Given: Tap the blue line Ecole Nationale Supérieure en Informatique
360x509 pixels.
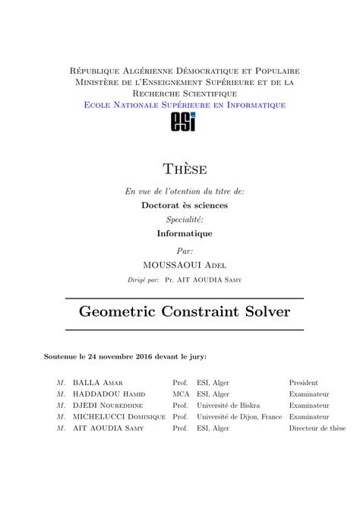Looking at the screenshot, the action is [x=185, y=104].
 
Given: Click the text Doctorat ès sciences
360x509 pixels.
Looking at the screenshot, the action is [x=185, y=205].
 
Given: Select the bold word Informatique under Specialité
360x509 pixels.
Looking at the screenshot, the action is [x=185, y=234].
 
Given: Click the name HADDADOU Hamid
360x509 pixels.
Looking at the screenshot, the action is [x=108, y=394].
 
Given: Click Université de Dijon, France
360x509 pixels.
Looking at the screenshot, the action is [x=239, y=417].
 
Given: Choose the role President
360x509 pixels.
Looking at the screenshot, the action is [x=303, y=383].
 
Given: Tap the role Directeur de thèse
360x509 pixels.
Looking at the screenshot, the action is [x=317, y=428].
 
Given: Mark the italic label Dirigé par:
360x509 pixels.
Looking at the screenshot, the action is [x=144, y=280].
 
